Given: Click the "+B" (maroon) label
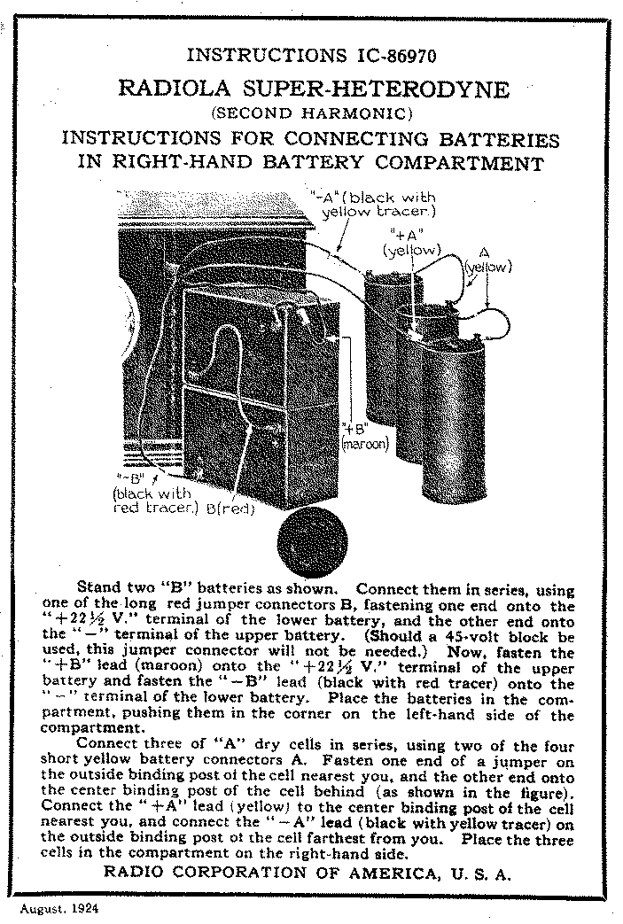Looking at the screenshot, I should coord(364,437).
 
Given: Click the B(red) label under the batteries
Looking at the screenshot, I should coord(231,509).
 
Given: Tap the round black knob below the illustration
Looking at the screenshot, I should coord(309,542).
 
